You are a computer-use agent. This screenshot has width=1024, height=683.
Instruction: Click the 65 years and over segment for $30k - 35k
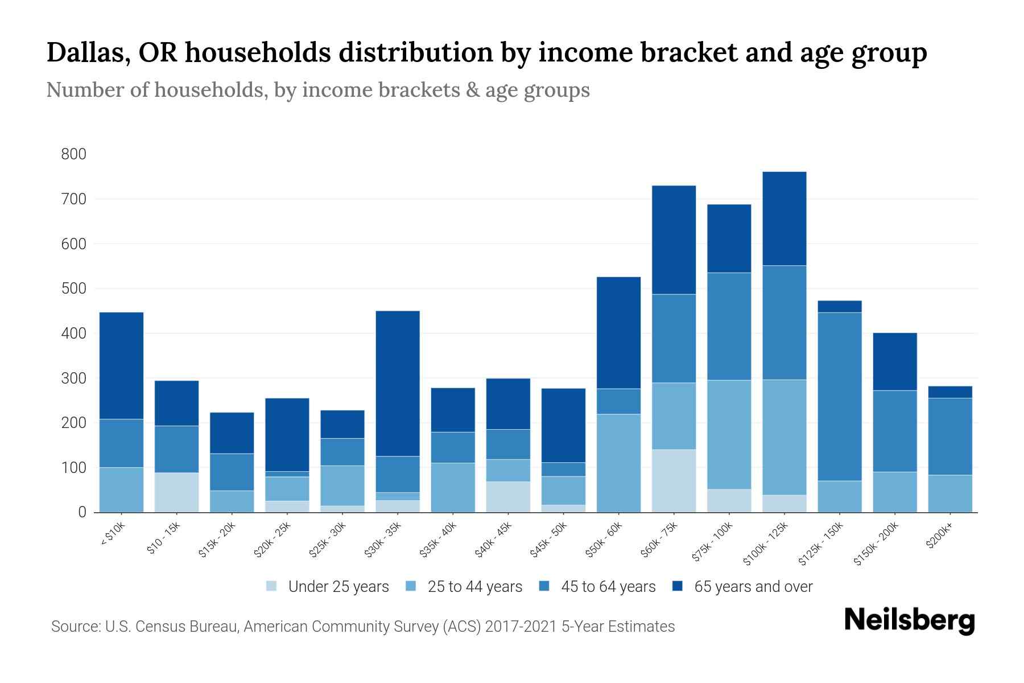point(398,383)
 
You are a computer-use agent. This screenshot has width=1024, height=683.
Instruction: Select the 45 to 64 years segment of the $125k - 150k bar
point(839,397)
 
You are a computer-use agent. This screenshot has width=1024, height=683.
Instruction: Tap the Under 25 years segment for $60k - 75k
point(674,481)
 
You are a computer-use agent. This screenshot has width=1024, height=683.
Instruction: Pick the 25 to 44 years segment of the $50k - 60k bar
point(618,463)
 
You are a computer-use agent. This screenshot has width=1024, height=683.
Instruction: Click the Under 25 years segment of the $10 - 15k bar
point(176,492)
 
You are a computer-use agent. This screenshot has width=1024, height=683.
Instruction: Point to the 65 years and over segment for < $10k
point(121,365)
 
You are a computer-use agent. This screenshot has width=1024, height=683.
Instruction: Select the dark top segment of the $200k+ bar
point(949,392)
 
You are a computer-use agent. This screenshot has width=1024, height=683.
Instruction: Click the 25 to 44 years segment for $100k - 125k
point(784,437)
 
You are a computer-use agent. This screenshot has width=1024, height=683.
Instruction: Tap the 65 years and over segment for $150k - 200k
point(894,361)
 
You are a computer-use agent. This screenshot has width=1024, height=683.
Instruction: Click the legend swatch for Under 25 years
point(272,586)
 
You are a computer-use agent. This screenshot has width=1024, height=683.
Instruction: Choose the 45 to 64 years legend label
point(608,587)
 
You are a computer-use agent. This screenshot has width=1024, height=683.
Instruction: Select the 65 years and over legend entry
point(753,587)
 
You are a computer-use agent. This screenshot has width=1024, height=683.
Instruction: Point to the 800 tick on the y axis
point(74,154)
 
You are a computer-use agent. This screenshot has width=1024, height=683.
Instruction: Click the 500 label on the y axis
point(74,289)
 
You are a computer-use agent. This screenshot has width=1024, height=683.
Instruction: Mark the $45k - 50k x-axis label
point(549,540)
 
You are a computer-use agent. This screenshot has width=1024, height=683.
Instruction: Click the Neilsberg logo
point(909,620)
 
